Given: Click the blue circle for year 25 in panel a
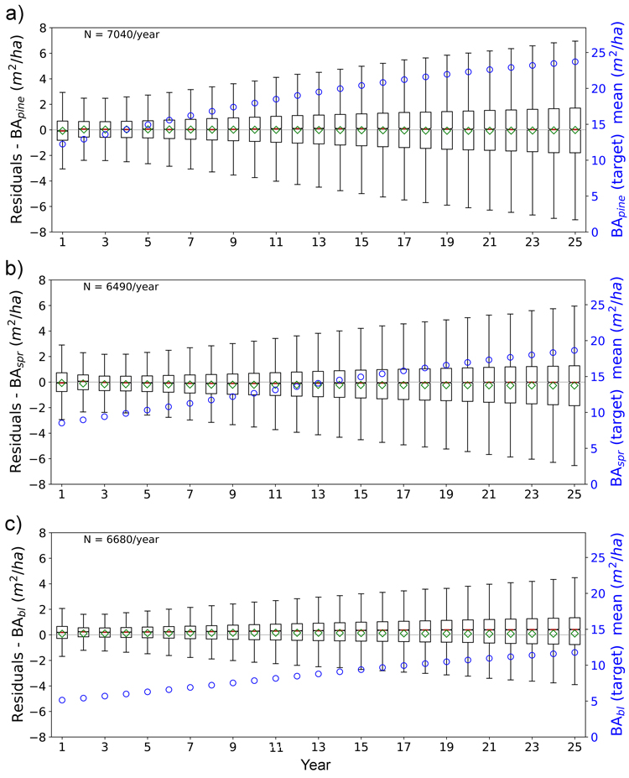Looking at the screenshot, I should tap(575, 61).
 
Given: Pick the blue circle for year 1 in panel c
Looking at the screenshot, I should tap(62, 700).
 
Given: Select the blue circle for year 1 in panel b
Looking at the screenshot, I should tap(62, 422).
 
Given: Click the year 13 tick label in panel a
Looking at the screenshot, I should tap(319, 243).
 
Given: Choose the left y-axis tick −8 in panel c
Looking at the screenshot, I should tap(40, 736).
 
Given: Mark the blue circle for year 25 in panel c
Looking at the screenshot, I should tap(575, 652).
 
